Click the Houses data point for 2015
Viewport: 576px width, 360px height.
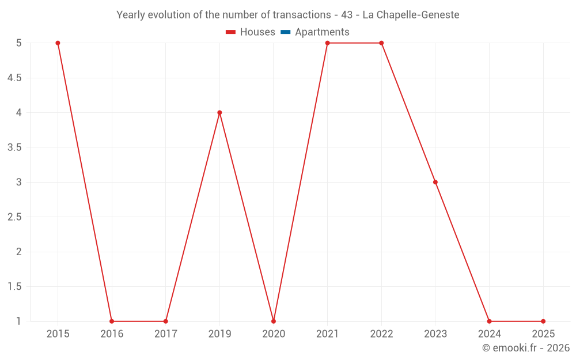[58, 43]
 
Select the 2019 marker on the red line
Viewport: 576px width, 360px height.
[219, 112]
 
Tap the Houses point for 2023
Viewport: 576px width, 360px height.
[435, 182]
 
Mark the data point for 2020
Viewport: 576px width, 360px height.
[274, 321]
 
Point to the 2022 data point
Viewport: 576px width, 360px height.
[381, 43]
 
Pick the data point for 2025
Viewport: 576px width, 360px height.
[543, 321]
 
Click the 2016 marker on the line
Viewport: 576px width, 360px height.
[112, 321]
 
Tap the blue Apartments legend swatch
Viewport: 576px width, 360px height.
[285, 32]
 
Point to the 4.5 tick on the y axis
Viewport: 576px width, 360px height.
[14, 78]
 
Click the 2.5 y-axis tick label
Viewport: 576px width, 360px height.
[14, 217]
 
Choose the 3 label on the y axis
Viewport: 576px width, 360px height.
[18, 182]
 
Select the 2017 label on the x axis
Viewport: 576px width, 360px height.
[165, 334]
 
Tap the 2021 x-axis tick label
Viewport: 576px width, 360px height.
[327, 334]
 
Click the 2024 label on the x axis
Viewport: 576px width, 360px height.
[489, 334]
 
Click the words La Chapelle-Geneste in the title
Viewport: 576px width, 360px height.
[411, 15]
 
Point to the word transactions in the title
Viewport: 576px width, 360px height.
[300, 15]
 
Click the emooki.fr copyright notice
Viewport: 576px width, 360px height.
[525, 348]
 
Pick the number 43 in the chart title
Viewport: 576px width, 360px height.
[347, 15]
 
